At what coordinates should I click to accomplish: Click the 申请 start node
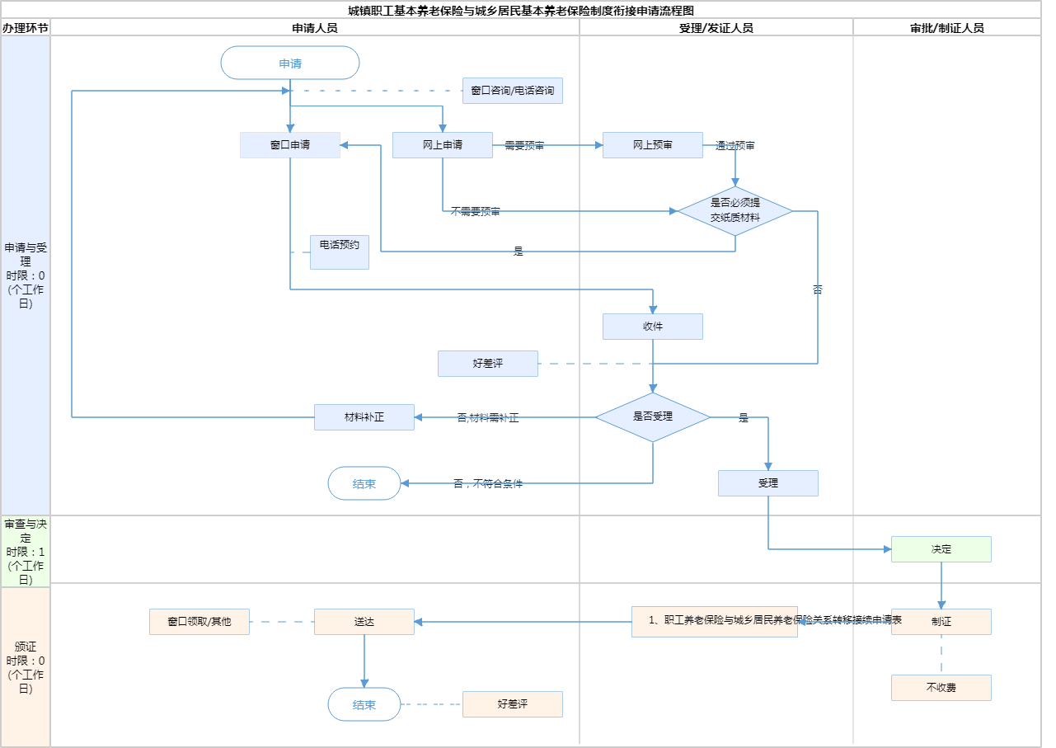[290, 63]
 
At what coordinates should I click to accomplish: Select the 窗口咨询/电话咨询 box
[513, 91]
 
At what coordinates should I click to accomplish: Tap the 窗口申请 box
[290, 145]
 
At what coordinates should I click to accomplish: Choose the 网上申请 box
[443, 145]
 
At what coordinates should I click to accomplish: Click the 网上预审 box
[653, 145]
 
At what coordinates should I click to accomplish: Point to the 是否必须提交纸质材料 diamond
[735, 211]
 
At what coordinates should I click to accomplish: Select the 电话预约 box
[340, 252]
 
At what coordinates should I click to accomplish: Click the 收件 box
[653, 327]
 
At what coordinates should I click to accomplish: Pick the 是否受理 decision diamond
[653, 417]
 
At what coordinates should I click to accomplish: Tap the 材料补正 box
[364, 417]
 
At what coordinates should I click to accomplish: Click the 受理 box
[768, 483]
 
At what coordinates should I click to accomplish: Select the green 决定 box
[941, 549]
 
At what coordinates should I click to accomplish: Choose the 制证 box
[941, 622]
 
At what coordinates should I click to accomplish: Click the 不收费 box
[941, 688]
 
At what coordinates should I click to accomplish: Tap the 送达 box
[364, 622]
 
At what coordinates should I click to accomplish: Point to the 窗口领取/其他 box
[199, 622]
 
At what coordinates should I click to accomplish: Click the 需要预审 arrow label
[524, 146]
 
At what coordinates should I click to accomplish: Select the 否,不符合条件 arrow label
[488, 484]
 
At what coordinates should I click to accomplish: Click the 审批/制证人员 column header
[947, 27]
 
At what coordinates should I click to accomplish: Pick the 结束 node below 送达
[364, 704]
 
